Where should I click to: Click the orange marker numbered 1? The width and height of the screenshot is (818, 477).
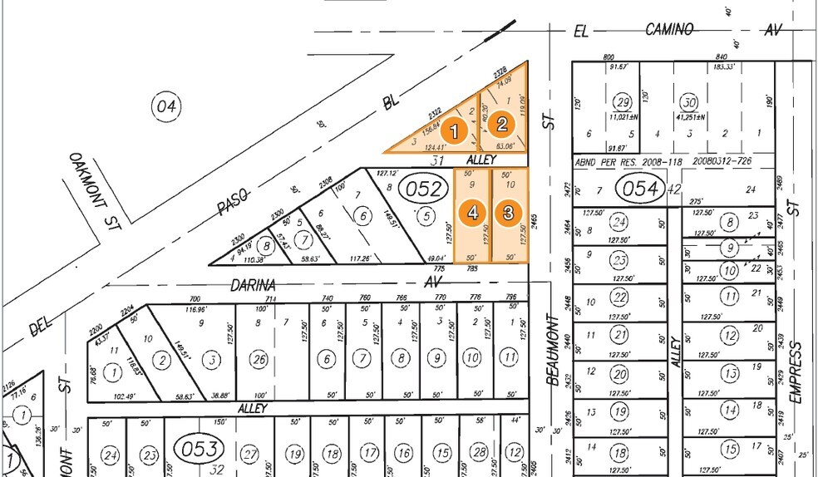454,130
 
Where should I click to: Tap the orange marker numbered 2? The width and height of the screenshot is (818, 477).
501,125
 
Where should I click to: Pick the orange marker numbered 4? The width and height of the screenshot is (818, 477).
473,213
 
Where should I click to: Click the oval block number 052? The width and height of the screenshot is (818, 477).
422,189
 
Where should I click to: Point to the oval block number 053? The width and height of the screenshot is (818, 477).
200,449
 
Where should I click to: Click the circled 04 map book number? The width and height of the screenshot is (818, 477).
165,106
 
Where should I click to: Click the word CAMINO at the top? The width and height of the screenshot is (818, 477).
669,30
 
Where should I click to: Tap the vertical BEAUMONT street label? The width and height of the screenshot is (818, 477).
551,349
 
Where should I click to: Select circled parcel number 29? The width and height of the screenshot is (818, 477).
622,103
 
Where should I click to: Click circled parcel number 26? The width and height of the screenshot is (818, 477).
260,359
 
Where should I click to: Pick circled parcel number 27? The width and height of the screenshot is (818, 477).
249,454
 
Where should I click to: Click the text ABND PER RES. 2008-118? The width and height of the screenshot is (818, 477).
628,161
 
